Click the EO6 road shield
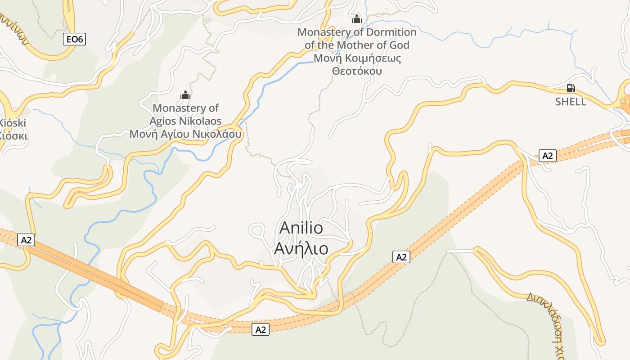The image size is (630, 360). point(75,40)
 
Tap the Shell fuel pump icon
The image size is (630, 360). point(571,89)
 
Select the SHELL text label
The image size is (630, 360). point(571,102)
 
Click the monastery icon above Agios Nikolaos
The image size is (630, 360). point(185,95)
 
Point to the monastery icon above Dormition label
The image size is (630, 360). point(357,19)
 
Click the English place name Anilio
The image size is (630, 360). point(301,228)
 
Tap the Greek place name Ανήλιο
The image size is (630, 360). point(301,248)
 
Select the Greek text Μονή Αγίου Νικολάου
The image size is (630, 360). point(185,134)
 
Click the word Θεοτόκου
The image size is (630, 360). point(357,71)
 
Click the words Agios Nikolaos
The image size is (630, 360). point(185,121)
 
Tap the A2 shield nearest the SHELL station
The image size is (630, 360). point(547,156)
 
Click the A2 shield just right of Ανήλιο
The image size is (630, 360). point(401,257)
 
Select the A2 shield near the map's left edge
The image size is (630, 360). point(27,240)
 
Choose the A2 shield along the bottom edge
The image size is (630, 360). point(261,329)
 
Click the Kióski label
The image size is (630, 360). point(13,123)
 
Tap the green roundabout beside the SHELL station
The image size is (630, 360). point(623,101)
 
